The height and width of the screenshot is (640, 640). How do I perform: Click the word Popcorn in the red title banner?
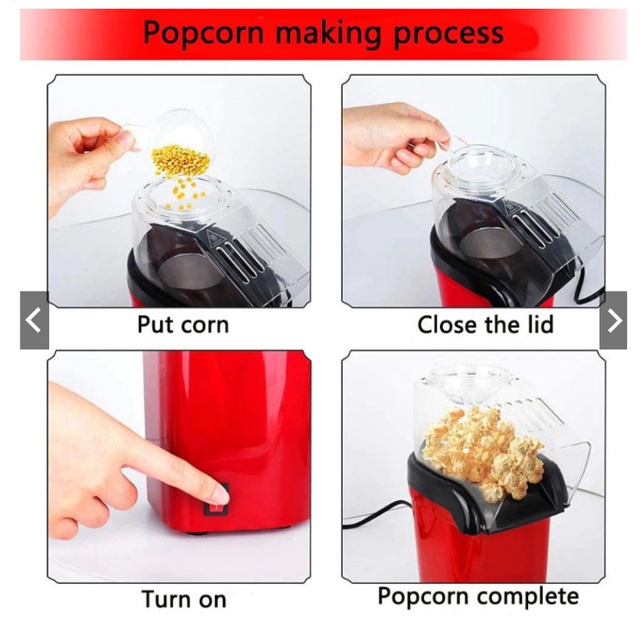(x=203, y=34)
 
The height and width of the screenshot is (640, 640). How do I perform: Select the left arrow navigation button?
(x=34, y=320)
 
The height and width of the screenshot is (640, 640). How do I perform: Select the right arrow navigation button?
(x=613, y=320)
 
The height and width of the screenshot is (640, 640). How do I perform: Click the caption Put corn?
(x=183, y=325)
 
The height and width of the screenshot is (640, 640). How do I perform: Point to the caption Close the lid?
(x=485, y=325)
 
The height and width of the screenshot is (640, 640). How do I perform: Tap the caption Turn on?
(x=184, y=599)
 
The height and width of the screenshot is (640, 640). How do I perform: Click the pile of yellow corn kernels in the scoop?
(x=180, y=160)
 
